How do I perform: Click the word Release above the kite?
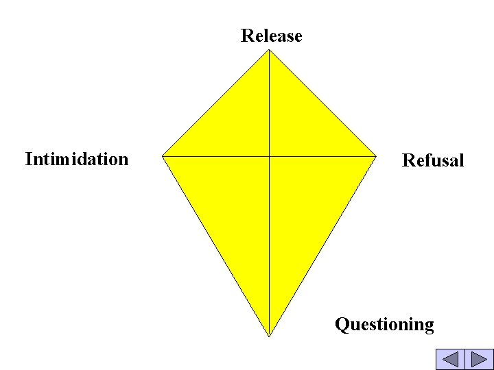pos(271,36)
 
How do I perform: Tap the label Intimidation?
pos(77,159)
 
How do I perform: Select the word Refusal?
pos(433,160)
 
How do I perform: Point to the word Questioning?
pos(384,324)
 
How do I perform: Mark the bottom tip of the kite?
pos(269,336)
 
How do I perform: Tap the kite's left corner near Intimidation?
pos(163,156)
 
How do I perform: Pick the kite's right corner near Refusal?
pos(377,156)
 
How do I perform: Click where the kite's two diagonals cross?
pos(269,156)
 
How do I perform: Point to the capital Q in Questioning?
pos(342,324)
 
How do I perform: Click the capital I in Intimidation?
pos(29,159)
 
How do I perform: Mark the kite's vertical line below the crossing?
pos(269,247)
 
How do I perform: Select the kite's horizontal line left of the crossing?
pos(216,156)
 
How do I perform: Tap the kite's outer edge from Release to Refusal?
pos(323,103)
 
